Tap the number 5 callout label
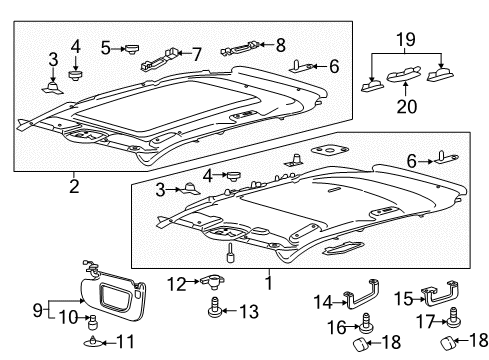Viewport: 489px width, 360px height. (x=105, y=47)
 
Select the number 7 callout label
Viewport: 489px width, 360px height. (x=196, y=52)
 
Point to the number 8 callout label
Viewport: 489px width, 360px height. (x=282, y=44)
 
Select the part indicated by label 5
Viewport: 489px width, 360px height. (x=132, y=46)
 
